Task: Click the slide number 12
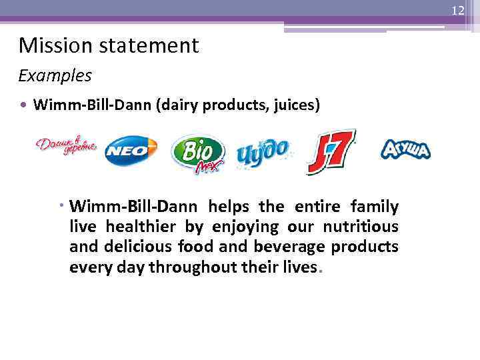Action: (x=457, y=11)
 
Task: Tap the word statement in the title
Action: (x=145, y=45)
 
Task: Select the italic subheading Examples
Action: (x=55, y=75)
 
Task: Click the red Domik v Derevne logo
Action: (x=66, y=146)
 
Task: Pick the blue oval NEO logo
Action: (x=131, y=150)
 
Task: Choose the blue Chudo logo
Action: (x=263, y=153)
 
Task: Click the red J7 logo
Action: (x=331, y=151)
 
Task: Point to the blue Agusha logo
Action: (x=405, y=149)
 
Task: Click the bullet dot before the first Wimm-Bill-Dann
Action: (x=24, y=105)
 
